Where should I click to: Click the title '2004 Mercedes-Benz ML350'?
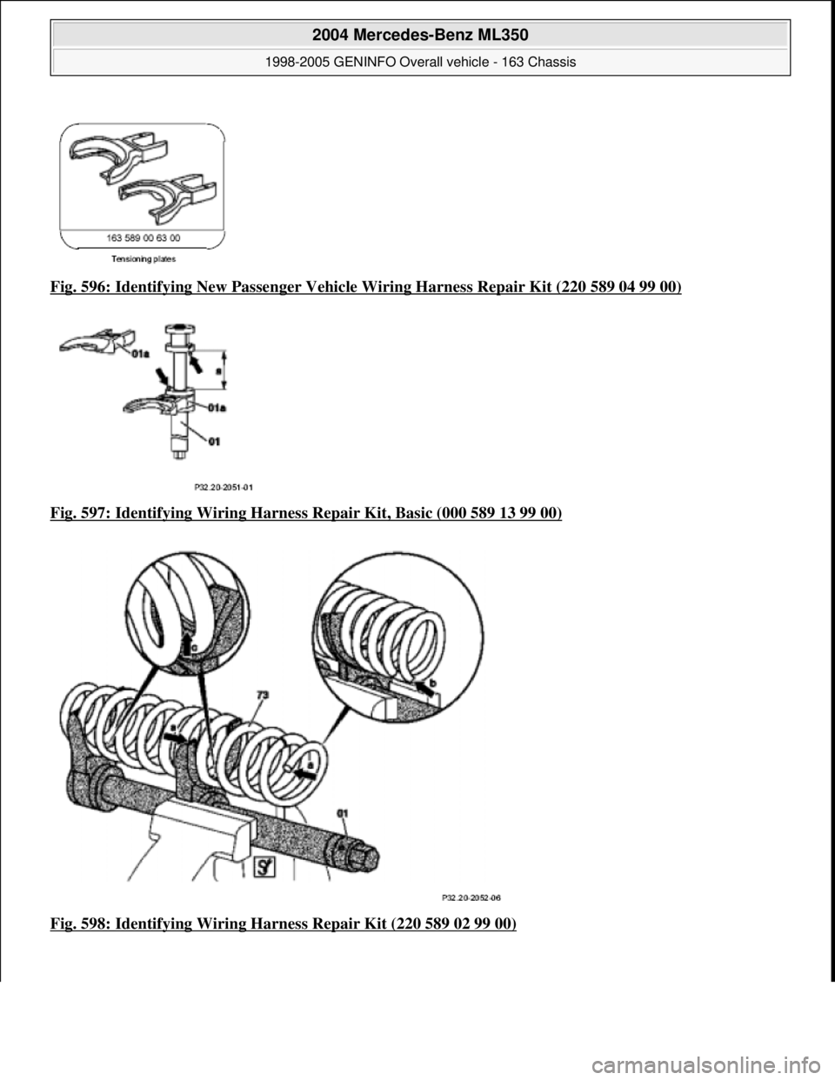420,34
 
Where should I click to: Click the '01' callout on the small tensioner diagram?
213,442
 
